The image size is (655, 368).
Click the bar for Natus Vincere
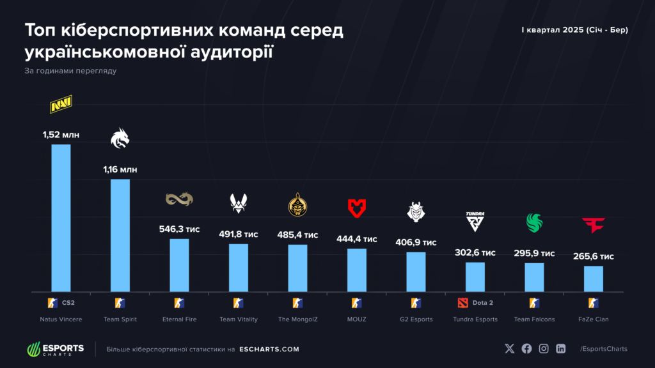point(61,217)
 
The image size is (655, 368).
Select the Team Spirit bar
point(120,234)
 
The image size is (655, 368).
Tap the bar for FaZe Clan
point(594,278)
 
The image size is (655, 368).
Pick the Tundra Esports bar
point(475,276)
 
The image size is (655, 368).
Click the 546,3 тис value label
point(179,229)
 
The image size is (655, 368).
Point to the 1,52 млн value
point(61,135)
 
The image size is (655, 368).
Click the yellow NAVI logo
point(61,104)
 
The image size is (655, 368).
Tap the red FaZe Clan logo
point(594,225)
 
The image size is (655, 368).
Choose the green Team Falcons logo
point(534,222)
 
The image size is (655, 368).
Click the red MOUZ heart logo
point(356,208)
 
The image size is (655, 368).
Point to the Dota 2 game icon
point(463,302)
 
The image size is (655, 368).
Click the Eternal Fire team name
point(180,319)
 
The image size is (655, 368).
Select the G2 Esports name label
point(416,319)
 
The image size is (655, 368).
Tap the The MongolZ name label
point(297,319)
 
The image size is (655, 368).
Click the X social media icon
point(509,349)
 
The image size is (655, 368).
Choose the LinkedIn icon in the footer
point(561,349)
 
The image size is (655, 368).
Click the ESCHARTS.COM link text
point(269,349)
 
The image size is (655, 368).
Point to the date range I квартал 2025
point(574,31)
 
